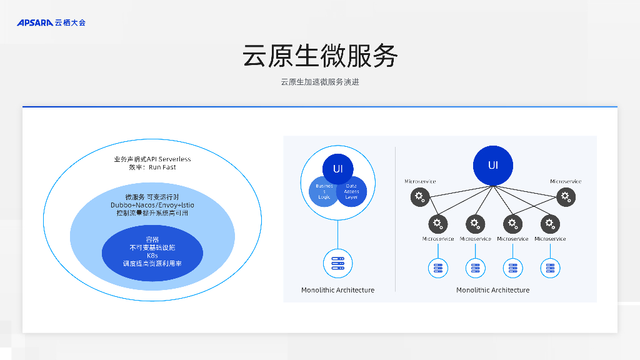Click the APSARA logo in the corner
click(x=51, y=22)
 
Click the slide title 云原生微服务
click(x=320, y=56)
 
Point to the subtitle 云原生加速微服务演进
click(x=320, y=82)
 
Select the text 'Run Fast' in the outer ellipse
click(x=162, y=167)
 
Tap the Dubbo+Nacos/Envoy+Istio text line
click(x=152, y=205)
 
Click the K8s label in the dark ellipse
click(x=152, y=256)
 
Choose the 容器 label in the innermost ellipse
click(x=152, y=239)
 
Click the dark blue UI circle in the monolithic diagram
click(x=337, y=169)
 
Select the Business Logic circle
click(x=324, y=191)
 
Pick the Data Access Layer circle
click(x=351, y=191)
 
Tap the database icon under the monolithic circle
click(x=337, y=263)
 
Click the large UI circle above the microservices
click(x=493, y=166)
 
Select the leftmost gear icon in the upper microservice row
click(x=420, y=197)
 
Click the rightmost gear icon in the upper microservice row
click(x=566, y=197)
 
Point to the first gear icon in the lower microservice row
click(x=438, y=223)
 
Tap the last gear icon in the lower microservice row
click(x=550, y=223)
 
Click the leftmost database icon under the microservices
click(x=438, y=268)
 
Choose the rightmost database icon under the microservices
click(x=550, y=268)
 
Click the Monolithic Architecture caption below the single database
click(x=337, y=290)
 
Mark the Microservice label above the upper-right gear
click(x=566, y=182)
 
